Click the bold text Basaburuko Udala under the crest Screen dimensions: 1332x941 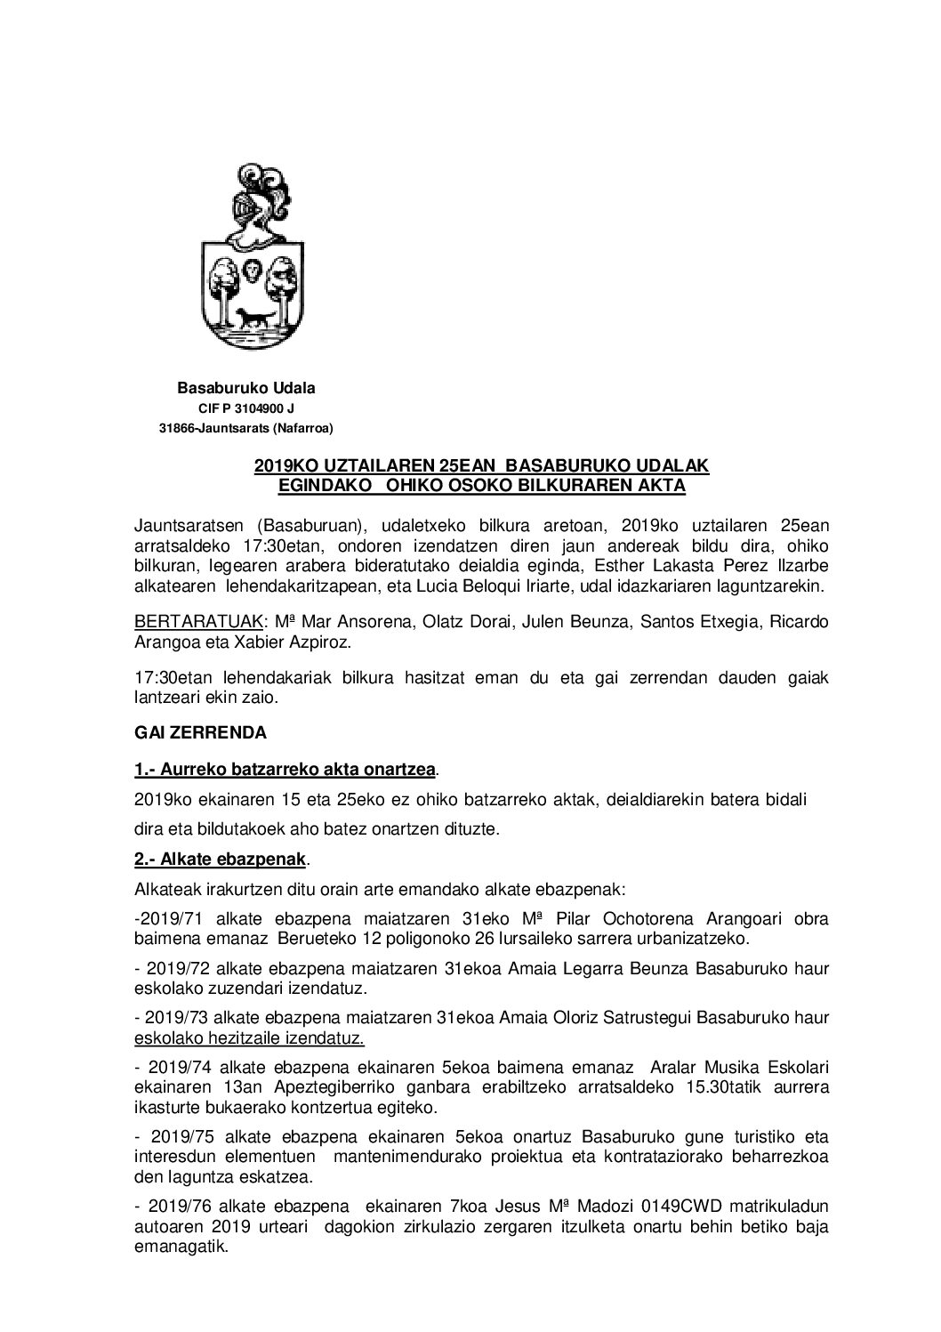click(x=246, y=388)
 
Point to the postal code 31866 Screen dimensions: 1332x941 click(x=176, y=429)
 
